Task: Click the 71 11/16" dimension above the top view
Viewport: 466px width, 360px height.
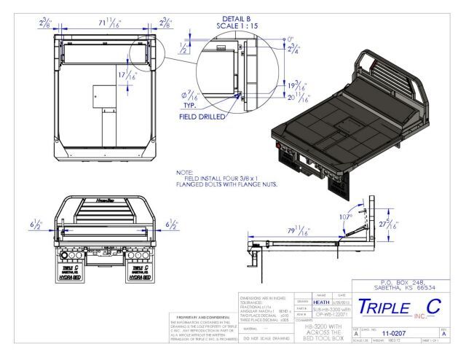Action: coord(103,23)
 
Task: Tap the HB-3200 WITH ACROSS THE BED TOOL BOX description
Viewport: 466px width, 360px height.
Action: coord(324,332)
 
